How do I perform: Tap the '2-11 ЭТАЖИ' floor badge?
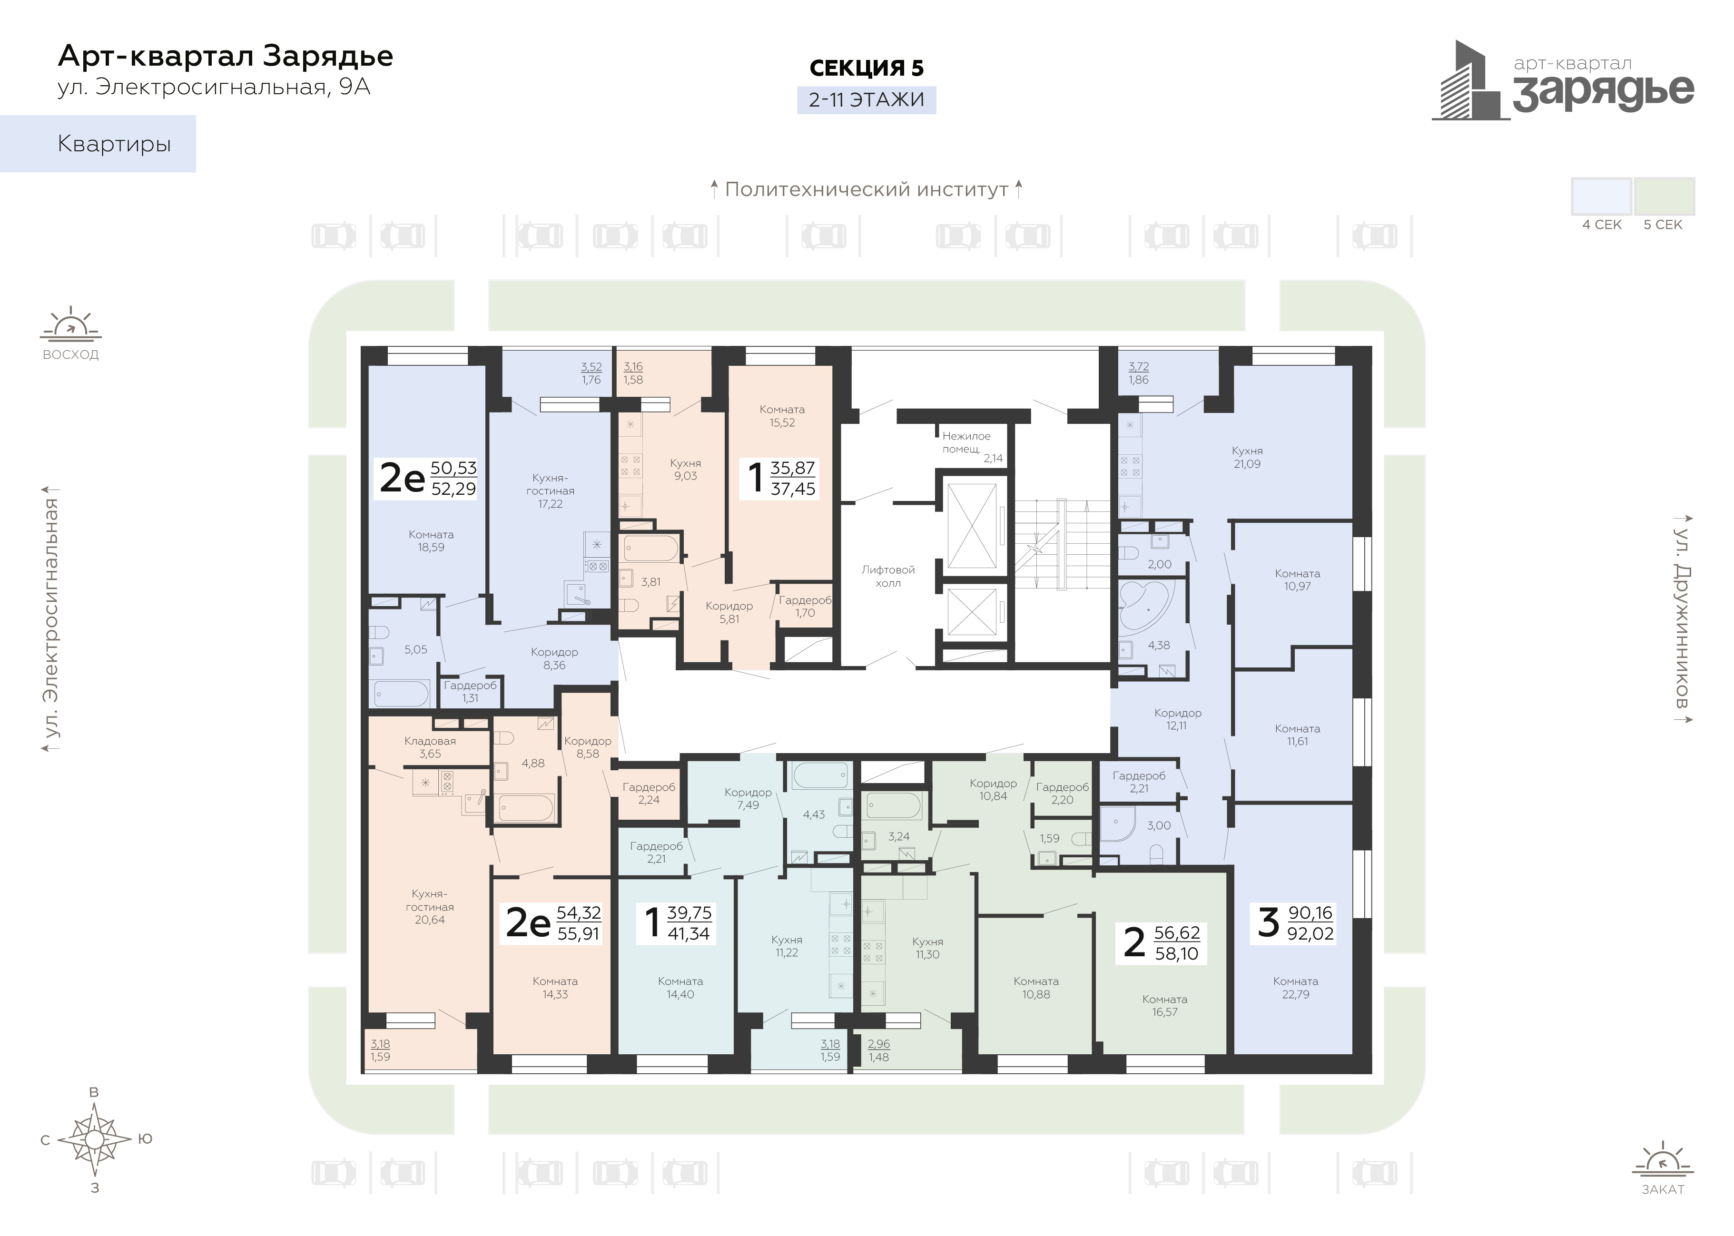[866, 100]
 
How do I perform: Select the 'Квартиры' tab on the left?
[98, 144]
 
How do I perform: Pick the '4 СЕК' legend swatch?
[1602, 196]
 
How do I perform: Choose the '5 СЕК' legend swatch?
[1665, 196]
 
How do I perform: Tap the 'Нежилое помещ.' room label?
[967, 442]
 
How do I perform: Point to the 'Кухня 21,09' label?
[1247, 457]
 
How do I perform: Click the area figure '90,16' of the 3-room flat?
[1310, 912]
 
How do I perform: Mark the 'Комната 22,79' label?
[1296, 988]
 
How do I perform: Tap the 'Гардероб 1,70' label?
[805, 607]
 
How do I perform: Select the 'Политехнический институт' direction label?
[866, 189]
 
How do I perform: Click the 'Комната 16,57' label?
[1164, 1005]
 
